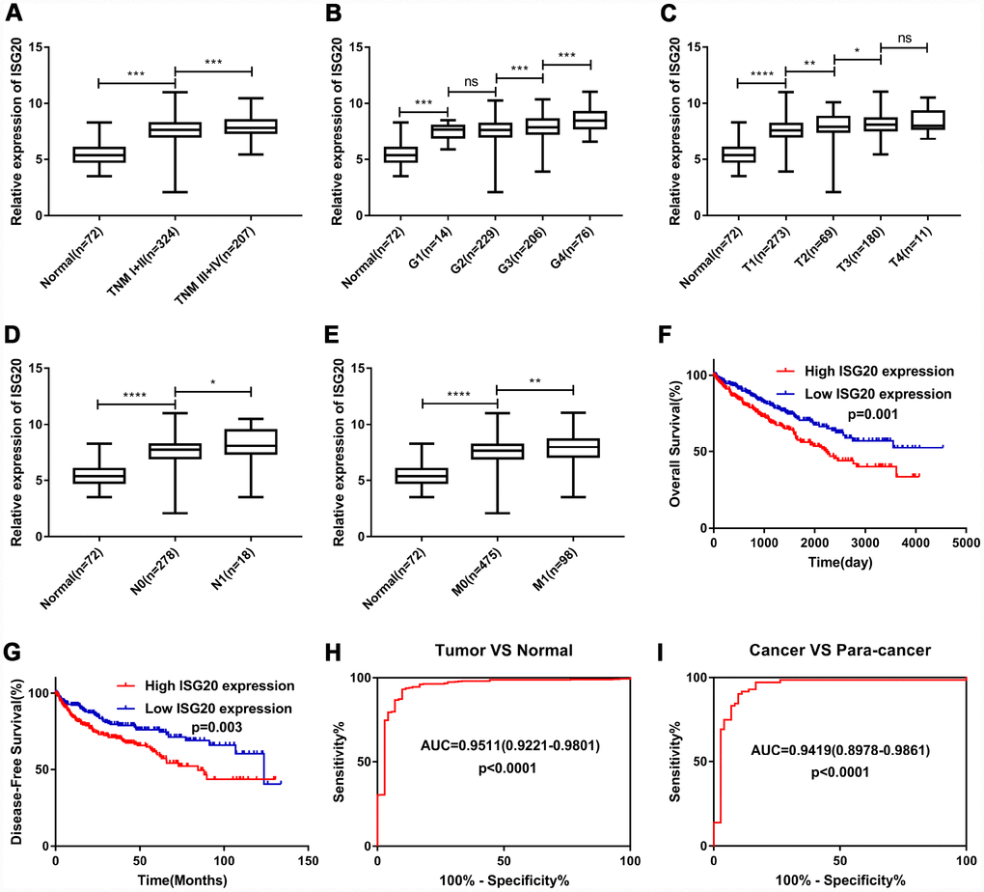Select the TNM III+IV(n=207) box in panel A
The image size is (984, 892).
(251, 125)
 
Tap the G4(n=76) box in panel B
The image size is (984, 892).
(590, 120)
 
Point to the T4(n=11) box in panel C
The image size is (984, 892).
(927, 120)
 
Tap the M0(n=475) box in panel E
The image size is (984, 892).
(497, 451)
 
